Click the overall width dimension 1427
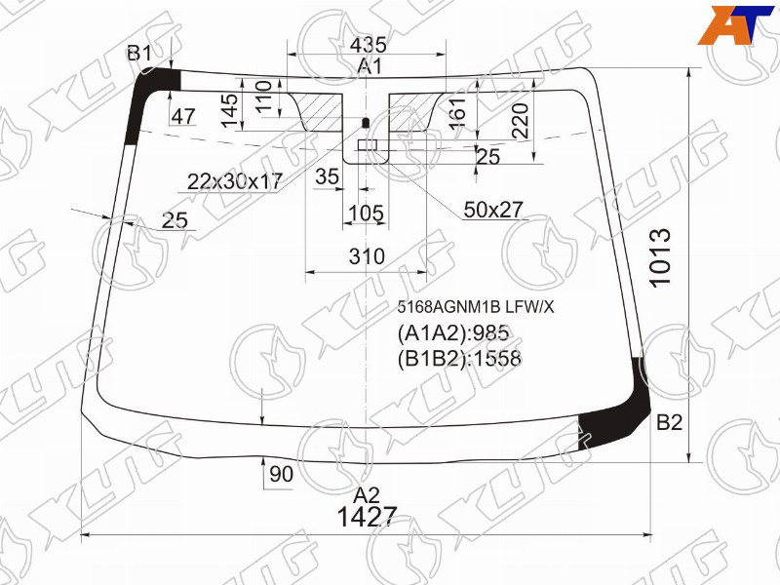[x=368, y=518]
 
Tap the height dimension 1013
[x=661, y=257]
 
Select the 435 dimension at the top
[x=369, y=45]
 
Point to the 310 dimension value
[x=367, y=256]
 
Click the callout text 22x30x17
[x=235, y=181]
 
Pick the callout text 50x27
[x=493, y=210]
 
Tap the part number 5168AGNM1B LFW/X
[x=475, y=307]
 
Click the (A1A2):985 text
[x=453, y=333]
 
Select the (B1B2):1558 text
[x=459, y=358]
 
